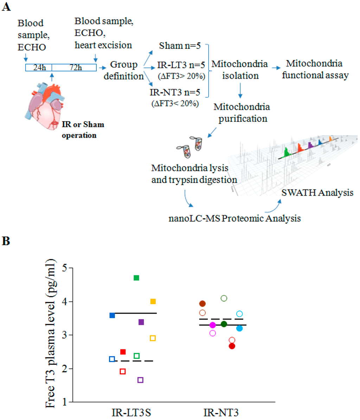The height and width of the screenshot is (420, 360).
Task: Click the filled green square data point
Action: tap(136, 278)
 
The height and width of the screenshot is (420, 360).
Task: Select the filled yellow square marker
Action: tap(153, 302)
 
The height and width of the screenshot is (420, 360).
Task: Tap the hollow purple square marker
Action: tap(140, 380)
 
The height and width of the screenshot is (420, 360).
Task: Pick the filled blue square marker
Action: tap(112, 316)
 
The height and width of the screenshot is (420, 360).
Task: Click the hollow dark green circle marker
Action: tap(224, 298)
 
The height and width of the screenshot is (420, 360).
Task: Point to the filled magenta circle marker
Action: tap(213, 325)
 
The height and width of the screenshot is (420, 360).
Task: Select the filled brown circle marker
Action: tap(202, 304)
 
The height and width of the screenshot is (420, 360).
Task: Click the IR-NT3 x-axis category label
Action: tap(221, 412)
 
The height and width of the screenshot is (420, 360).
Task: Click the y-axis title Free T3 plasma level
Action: tap(51, 334)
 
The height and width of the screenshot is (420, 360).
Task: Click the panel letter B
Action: tap(6, 241)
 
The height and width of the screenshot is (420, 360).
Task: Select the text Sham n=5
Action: tap(179, 46)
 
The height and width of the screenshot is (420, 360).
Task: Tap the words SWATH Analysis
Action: tap(317, 192)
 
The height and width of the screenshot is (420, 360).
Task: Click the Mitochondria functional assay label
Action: tap(315, 69)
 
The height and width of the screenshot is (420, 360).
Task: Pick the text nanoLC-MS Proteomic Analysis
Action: tap(234, 218)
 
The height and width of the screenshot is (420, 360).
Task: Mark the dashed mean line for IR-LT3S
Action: tap(134, 361)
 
